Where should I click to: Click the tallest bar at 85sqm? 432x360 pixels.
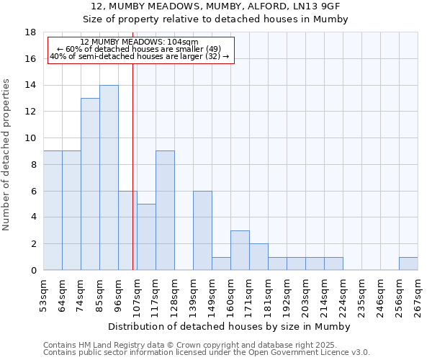[x=109, y=178]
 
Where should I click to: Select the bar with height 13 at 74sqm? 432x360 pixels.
[x=90, y=184]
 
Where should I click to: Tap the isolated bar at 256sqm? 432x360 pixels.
[x=408, y=264]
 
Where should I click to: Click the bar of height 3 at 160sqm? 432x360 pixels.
[x=240, y=251]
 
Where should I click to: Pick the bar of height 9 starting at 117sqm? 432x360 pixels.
[x=165, y=210]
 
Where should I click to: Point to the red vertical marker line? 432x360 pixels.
[x=133, y=180]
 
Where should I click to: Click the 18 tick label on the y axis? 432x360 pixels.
[x=30, y=32]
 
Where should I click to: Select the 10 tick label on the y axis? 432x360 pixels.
[x=30, y=138]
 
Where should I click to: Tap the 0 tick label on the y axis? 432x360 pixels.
[x=33, y=270]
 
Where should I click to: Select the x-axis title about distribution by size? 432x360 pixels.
[x=230, y=326]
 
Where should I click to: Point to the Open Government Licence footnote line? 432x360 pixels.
[x=207, y=353]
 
